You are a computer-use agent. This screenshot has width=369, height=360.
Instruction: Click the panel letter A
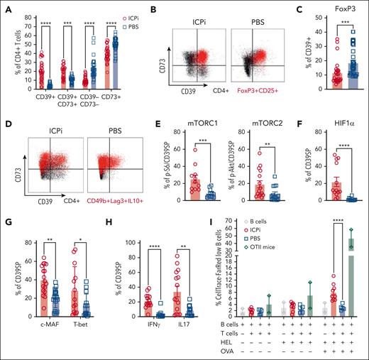(4, 6)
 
